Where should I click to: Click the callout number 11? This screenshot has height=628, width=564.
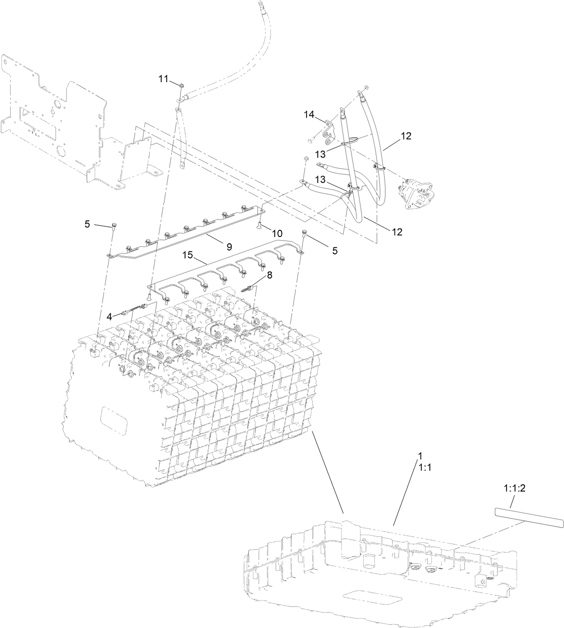coord(163,79)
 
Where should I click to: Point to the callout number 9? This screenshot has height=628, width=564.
coord(229,246)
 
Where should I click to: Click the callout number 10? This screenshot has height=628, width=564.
coord(277,233)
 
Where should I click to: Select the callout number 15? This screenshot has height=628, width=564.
coord(187,255)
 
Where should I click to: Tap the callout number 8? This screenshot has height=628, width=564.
coord(269,276)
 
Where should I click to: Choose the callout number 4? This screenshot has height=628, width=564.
coord(109,317)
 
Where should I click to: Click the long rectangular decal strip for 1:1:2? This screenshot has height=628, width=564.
coord(529,516)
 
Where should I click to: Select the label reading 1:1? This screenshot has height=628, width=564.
coord(425,467)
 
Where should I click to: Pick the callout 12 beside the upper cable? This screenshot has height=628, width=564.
coord(406,136)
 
